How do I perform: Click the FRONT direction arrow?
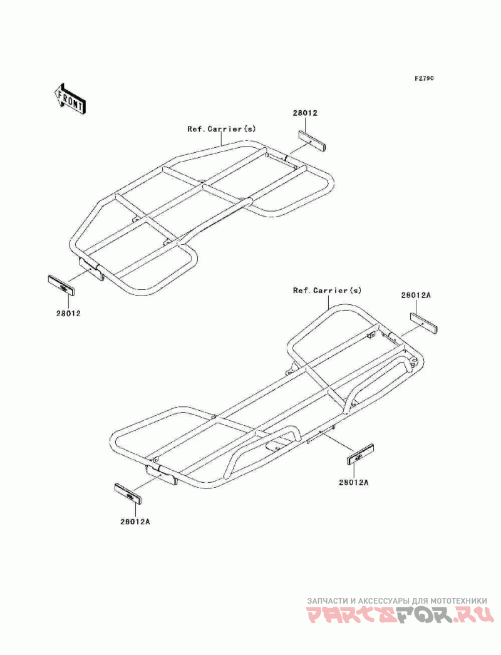[70, 98]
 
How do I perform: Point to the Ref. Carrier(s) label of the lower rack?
[328, 291]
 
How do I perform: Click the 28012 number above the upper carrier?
[305, 113]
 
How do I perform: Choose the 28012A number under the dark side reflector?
[354, 482]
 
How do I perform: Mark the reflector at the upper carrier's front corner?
[62, 286]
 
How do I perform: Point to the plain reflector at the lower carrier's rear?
[424, 324]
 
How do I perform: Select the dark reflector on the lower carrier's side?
[360, 455]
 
